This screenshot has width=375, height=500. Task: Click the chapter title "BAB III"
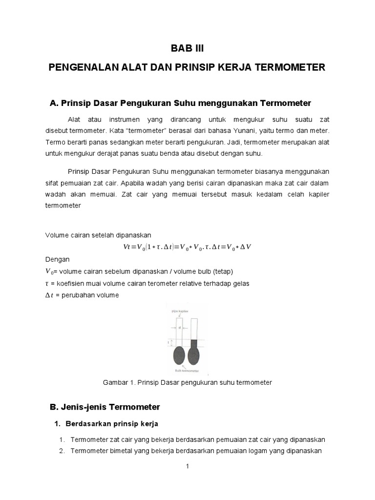187,48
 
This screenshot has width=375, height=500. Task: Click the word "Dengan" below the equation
57,259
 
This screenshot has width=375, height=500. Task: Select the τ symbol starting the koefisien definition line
47,283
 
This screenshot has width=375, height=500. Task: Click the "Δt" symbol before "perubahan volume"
49,295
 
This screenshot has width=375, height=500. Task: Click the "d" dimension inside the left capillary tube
180,328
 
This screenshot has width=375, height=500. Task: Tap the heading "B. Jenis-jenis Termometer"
105,407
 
